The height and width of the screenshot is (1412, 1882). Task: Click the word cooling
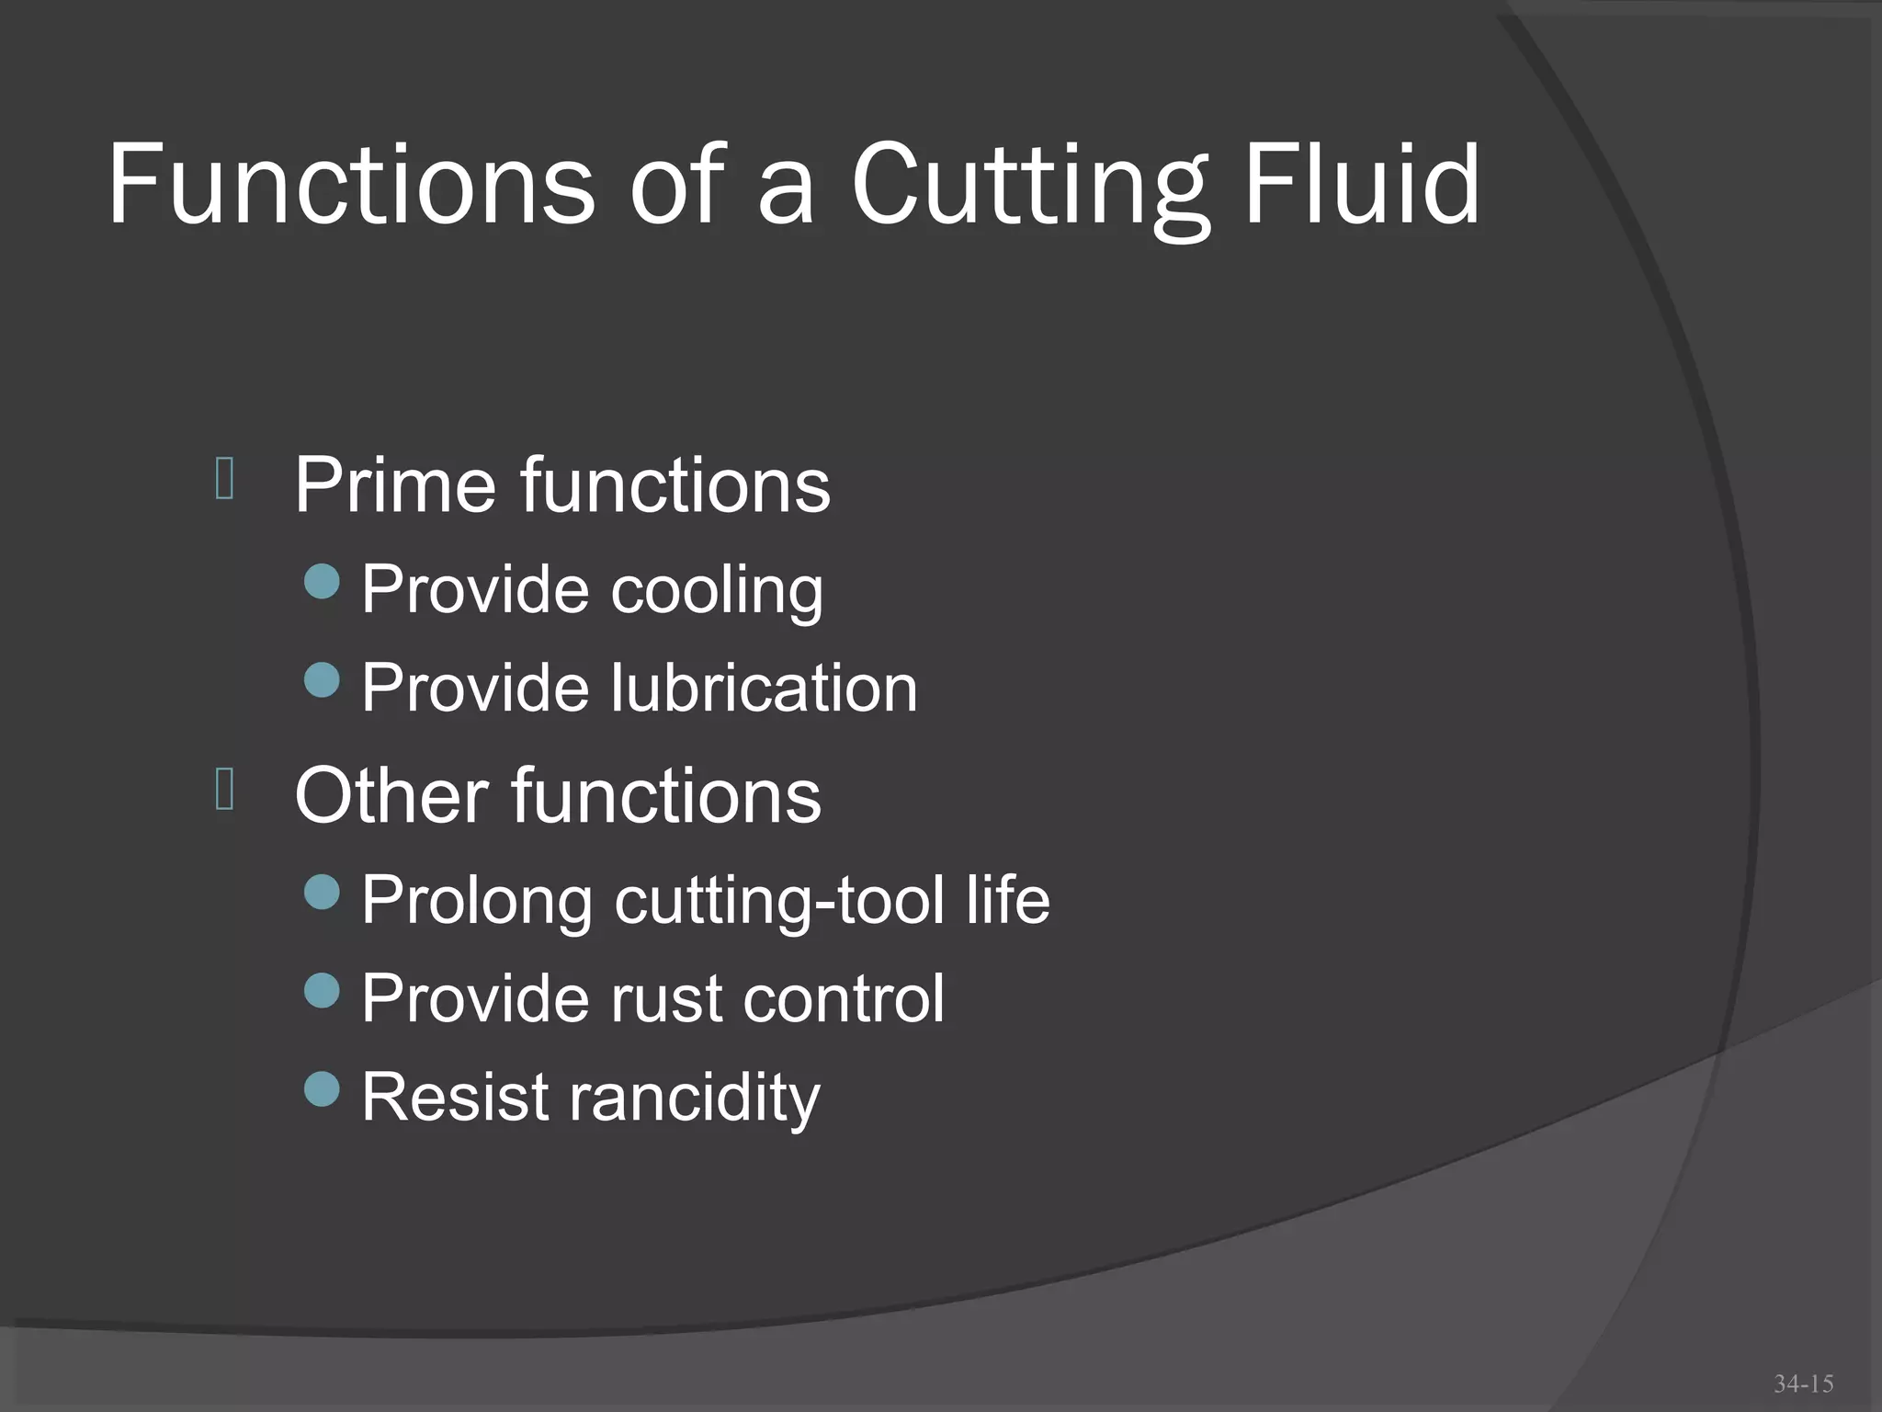click(717, 590)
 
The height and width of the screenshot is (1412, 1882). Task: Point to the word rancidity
click(694, 1099)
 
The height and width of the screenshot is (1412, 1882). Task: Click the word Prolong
click(477, 902)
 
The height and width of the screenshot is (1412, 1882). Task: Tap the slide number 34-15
click(1803, 1384)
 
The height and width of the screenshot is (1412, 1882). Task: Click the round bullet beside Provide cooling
click(322, 582)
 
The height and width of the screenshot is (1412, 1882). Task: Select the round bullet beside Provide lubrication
click(322, 680)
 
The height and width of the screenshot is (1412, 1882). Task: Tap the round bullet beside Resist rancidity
click(322, 1089)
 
